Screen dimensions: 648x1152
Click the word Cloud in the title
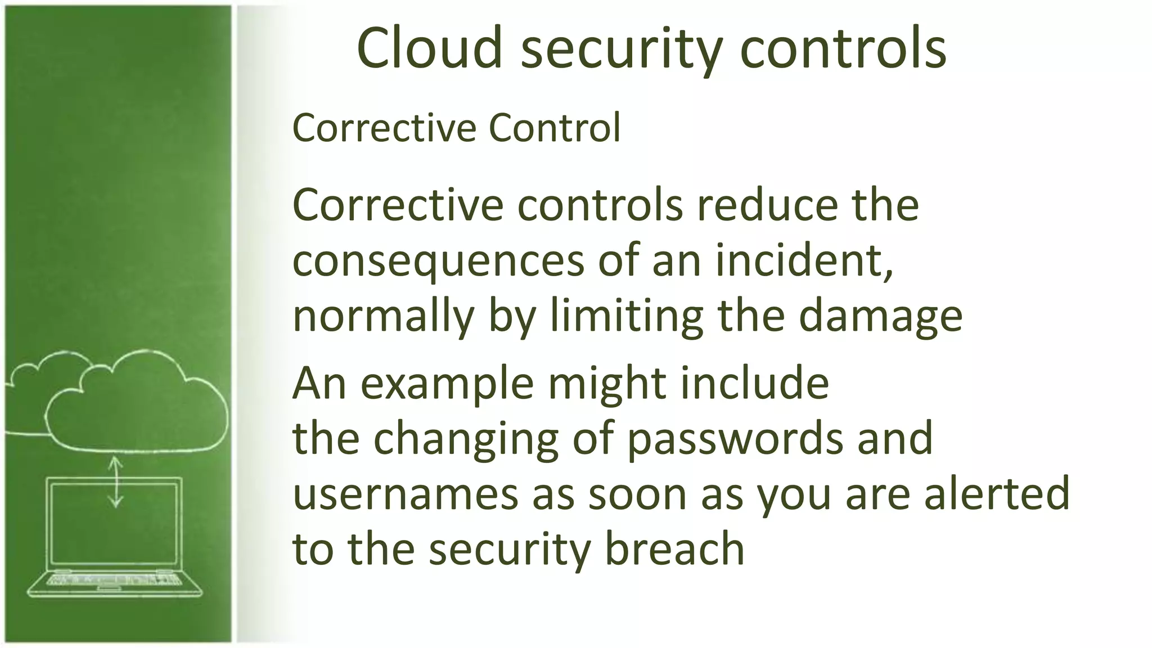coord(429,49)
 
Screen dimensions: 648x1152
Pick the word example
coord(447,384)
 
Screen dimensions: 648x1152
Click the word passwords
coord(735,439)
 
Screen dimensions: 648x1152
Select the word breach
coord(674,548)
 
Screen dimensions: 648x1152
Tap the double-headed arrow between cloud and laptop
coord(116,482)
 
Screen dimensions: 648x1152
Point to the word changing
coord(466,439)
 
